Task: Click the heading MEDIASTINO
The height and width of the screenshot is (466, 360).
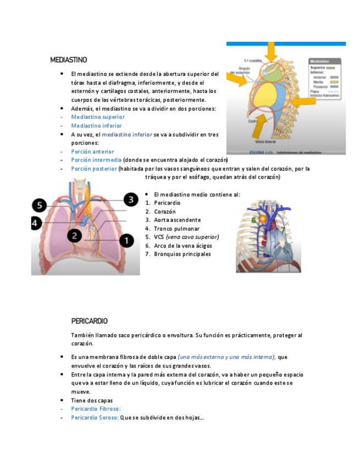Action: pyautogui.click(x=68, y=59)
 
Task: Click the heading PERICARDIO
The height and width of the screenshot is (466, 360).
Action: pyautogui.click(x=89, y=321)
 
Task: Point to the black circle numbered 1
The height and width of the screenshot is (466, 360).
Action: pyautogui.click(x=126, y=240)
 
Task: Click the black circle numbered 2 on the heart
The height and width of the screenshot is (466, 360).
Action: pyautogui.click(x=75, y=236)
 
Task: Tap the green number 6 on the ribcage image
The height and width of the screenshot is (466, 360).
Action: pyautogui.click(x=254, y=220)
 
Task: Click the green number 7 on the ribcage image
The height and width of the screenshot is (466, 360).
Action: pyautogui.click(x=283, y=228)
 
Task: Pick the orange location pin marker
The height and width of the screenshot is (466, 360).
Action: pyautogui.click(x=263, y=219)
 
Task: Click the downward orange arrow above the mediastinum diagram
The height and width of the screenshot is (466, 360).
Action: pyautogui.click(x=270, y=53)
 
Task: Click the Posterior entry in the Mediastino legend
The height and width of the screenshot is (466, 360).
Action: pyautogui.click(x=319, y=87)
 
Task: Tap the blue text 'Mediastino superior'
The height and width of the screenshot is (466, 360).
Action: pyautogui.click(x=98, y=117)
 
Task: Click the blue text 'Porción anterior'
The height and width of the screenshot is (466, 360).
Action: pyautogui.click(x=92, y=152)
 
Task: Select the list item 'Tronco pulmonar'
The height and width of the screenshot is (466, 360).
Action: pyautogui.click(x=176, y=229)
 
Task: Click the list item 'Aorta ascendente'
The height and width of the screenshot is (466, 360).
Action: pyautogui.click(x=178, y=220)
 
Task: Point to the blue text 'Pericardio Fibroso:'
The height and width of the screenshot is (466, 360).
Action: pyautogui.click(x=96, y=409)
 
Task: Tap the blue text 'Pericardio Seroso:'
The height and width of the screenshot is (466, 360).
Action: pyautogui.click(x=95, y=418)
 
